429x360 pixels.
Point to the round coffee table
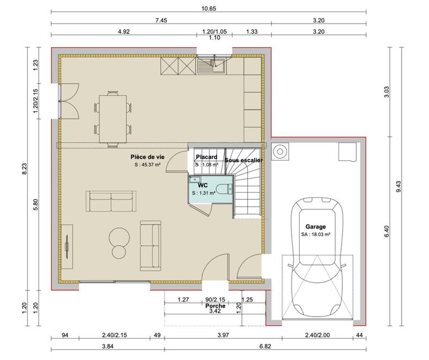119,237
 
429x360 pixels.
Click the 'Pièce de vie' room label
147,156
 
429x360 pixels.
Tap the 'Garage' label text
315,226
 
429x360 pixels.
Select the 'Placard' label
206,157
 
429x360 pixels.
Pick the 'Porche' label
215,306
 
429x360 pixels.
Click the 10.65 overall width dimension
209,8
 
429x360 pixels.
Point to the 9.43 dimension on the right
398,186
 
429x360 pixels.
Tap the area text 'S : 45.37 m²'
147,165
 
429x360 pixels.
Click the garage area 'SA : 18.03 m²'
315,234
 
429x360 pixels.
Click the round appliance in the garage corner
280,151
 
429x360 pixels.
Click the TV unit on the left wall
68,245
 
